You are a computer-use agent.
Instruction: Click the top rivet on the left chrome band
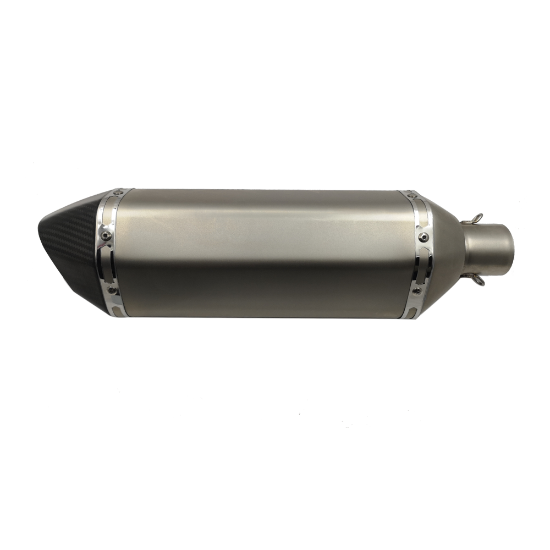tap(118, 193)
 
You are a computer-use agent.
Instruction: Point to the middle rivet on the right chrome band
tap(424, 237)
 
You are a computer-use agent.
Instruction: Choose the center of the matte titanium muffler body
tap(264, 253)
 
